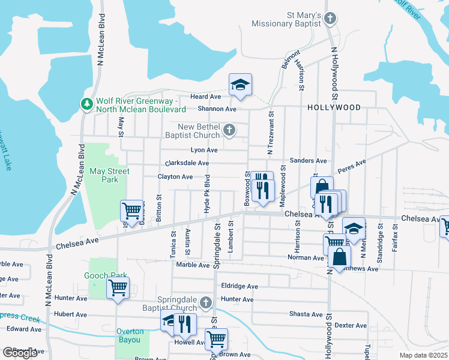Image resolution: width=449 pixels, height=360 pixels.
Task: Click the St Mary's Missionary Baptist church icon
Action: click(x=330, y=18)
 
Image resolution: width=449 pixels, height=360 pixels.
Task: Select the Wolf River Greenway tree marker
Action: click(x=87, y=104)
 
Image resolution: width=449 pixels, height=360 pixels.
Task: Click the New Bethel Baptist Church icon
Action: click(x=229, y=130)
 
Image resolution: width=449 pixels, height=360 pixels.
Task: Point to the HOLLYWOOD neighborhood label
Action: click(x=334, y=107)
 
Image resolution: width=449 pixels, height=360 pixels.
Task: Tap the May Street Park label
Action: click(x=109, y=175)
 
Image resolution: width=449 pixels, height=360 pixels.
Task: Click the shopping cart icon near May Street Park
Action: click(x=131, y=211)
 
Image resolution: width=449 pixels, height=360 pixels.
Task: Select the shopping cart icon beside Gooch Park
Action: click(x=118, y=287)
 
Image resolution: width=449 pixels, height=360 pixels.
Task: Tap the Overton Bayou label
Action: click(x=130, y=336)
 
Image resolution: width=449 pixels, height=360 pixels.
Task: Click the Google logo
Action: click(x=19, y=353)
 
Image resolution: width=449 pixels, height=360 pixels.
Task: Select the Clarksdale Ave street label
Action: click(x=187, y=163)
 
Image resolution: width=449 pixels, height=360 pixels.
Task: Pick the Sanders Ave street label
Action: click(x=308, y=161)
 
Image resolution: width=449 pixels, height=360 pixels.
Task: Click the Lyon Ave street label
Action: click(x=203, y=150)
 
